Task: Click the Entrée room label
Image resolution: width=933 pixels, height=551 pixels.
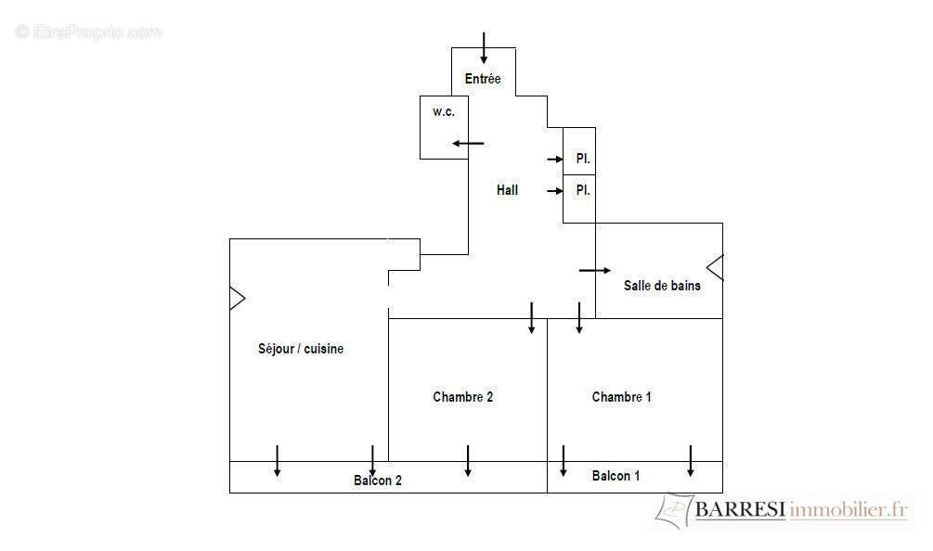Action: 483,79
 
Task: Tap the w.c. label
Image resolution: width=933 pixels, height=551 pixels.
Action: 444,111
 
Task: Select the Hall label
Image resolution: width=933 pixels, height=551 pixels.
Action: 507,190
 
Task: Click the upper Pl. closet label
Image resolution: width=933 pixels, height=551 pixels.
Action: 583,159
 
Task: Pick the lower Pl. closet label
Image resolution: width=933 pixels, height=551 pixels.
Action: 583,190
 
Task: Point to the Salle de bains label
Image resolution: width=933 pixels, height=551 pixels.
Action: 662,286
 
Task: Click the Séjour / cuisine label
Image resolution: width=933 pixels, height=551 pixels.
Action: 301,349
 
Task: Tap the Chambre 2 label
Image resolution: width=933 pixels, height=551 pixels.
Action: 463,397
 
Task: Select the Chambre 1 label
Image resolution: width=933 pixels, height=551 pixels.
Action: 621,397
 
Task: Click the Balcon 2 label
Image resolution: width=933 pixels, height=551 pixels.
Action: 377,481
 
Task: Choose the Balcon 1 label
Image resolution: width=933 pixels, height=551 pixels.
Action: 616,476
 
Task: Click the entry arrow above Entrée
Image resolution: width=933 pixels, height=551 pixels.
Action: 484,48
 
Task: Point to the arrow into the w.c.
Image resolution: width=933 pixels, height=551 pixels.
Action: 468,143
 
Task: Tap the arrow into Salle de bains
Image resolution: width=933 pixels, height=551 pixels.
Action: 595,271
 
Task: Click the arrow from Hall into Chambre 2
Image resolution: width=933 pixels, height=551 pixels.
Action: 531,318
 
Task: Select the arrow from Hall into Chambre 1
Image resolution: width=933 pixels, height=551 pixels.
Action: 579,318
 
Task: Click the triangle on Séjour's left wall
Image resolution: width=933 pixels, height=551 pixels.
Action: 238,299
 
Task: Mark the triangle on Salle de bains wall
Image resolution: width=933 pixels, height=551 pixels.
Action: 715,267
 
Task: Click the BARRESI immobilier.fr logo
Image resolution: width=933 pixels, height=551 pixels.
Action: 782,510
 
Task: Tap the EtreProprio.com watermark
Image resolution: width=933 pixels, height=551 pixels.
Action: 89,32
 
